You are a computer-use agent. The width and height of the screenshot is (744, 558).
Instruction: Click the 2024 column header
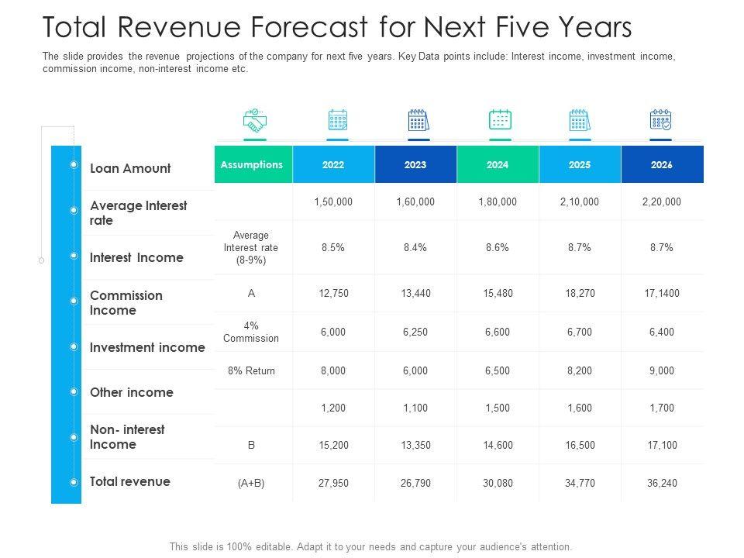[x=498, y=165]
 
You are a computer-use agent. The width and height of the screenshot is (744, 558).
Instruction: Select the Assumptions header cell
[x=252, y=165]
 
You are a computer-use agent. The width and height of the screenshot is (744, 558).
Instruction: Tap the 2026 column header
[x=662, y=165]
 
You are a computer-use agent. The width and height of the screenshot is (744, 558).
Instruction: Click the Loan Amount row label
[x=130, y=168]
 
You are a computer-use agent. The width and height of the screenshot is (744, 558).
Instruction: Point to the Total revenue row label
[x=130, y=481]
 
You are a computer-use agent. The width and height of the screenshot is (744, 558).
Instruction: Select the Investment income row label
[x=147, y=347]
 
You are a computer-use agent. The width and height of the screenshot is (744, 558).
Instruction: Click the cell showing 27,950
[x=333, y=483]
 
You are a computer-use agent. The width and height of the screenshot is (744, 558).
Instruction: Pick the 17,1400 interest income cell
[x=662, y=293]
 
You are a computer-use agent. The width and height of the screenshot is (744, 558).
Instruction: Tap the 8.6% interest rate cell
[x=498, y=247]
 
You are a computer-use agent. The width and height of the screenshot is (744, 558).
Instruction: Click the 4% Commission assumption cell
[x=251, y=332]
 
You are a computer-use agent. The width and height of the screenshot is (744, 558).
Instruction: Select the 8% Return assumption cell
[x=251, y=370]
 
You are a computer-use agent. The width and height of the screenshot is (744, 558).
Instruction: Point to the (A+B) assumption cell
[x=251, y=483]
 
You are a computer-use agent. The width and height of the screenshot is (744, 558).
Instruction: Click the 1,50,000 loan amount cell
[x=333, y=201]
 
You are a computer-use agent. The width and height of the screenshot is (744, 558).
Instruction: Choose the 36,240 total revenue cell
[x=662, y=483]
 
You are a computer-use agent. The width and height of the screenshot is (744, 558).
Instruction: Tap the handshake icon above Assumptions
[x=254, y=120]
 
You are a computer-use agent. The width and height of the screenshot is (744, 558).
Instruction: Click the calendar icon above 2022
[x=338, y=120]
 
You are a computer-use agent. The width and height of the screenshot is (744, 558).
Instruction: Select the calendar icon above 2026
[x=660, y=120]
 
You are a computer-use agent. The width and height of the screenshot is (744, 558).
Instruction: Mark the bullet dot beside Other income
[x=74, y=392]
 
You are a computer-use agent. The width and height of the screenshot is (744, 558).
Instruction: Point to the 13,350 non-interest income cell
[x=415, y=446]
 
